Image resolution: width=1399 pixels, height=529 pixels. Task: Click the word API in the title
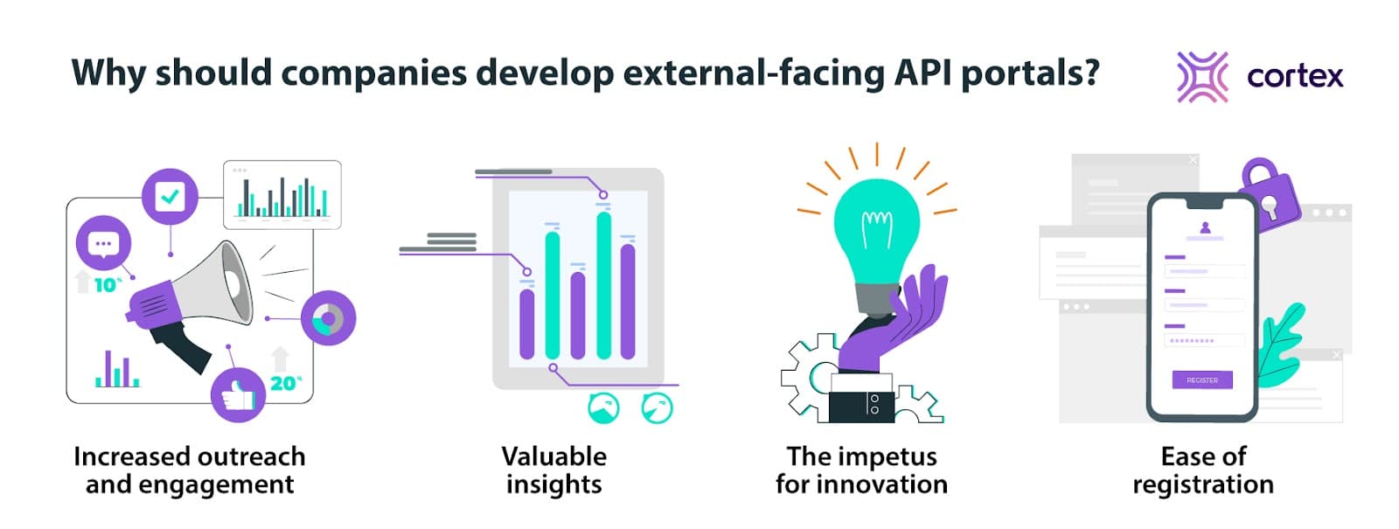pos(922,73)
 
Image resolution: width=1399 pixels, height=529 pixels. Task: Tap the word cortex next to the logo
pos(1295,77)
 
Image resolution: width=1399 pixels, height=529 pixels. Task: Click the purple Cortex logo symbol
pos(1202,77)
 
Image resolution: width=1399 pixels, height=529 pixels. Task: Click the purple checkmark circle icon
pos(170,197)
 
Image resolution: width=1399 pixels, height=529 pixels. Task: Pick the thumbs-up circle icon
pos(238,395)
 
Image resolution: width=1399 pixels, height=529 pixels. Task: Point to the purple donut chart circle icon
pos(328,317)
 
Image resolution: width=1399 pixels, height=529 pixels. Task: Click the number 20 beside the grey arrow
pos(283,383)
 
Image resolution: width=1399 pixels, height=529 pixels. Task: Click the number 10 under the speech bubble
pos(106,285)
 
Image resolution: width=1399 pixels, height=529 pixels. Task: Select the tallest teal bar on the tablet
pos(603,284)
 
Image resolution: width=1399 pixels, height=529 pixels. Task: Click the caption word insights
pos(553,484)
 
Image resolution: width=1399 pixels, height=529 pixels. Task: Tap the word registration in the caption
pos(1202,484)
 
